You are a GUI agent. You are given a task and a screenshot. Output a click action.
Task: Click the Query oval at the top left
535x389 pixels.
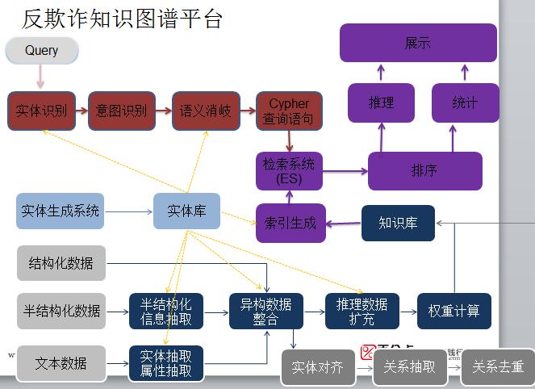click(x=42, y=51)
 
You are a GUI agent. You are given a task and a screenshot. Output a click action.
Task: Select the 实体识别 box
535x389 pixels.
click(x=41, y=111)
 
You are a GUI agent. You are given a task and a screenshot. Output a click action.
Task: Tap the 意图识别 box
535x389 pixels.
click(x=121, y=111)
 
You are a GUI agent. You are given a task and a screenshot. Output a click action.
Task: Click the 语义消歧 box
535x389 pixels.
click(x=205, y=111)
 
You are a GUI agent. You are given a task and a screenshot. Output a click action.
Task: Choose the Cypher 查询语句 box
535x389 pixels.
click(x=289, y=111)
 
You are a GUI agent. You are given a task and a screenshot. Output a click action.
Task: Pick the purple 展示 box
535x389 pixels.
click(x=417, y=43)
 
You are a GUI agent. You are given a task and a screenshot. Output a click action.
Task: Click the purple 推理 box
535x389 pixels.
click(x=381, y=102)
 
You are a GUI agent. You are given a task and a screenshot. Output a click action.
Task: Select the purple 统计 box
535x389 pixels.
click(x=465, y=102)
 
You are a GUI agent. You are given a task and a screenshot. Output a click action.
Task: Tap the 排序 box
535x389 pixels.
click(x=424, y=171)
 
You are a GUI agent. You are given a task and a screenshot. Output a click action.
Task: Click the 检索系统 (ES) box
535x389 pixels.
click(x=289, y=171)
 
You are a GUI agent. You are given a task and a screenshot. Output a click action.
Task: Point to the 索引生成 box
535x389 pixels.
click(x=290, y=223)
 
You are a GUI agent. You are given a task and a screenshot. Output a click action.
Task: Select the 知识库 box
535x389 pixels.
click(x=398, y=223)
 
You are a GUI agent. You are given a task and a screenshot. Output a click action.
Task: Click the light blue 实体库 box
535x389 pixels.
click(x=186, y=211)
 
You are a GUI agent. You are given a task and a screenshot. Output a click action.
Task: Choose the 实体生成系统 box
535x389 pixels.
click(x=61, y=211)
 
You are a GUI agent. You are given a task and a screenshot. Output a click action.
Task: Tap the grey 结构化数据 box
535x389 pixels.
click(x=61, y=263)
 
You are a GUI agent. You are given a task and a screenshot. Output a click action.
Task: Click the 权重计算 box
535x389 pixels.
click(x=453, y=311)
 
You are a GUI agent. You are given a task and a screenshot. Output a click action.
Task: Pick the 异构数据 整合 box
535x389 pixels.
click(x=265, y=311)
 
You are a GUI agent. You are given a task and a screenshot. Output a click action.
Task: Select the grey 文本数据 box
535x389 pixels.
click(x=61, y=363)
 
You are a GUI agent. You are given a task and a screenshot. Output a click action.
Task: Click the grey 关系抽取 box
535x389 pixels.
click(x=410, y=367)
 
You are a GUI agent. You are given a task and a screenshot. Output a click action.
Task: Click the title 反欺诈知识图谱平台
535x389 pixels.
click(x=121, y=18)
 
